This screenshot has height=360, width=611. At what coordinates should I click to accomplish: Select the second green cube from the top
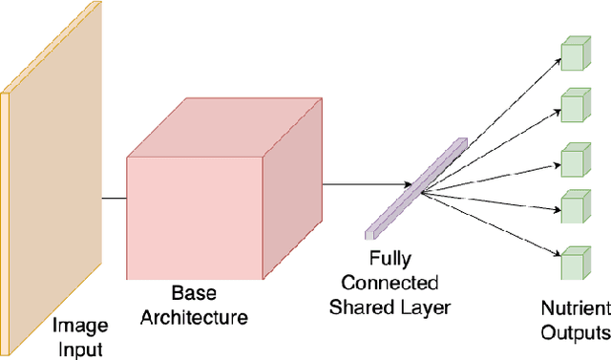(x=572, y=105)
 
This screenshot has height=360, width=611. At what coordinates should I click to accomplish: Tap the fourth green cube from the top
(x=572, y=205)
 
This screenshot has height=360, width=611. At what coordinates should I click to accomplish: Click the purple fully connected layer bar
(x=416, y=186)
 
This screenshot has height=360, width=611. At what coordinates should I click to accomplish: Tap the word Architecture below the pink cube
(x=195, y=317)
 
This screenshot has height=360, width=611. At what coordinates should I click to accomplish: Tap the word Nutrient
(x=576, y=309)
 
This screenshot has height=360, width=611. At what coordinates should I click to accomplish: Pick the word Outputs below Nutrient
(x=575, y=332)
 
